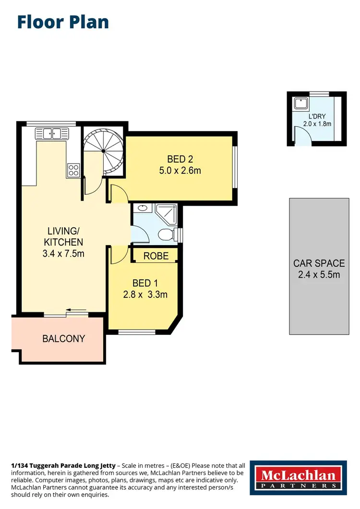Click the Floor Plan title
63,22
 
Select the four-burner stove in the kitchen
73,169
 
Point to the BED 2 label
180,159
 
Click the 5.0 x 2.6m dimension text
180,170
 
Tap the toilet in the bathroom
166,235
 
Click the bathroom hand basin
142,209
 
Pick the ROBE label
156,256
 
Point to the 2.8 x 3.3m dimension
144,294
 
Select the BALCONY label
63,339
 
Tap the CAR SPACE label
319,263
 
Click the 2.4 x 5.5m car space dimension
319,274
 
